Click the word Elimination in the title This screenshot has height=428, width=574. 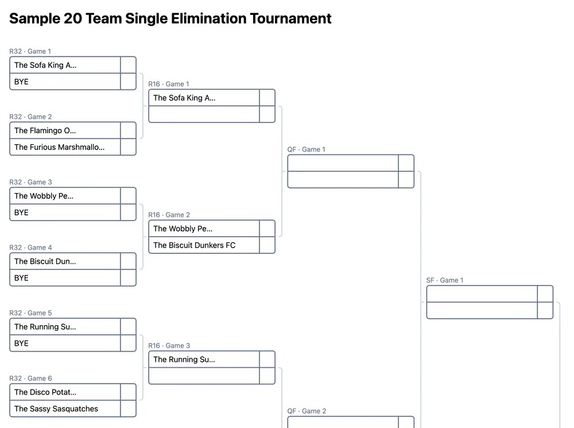pos(208,19)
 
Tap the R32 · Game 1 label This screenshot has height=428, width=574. pos(30,51)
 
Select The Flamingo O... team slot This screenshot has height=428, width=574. pos(45,130)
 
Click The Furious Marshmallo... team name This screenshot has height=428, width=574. pos(59,147)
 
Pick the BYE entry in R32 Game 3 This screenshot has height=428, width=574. pos(21,213)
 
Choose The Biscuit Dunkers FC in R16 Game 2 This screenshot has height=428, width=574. pos(195,245)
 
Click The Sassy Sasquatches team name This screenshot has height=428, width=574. pos(56,408)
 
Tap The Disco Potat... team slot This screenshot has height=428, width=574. pos(45,392)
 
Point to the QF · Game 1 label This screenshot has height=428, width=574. pos(307,149)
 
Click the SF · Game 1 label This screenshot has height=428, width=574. pos(445,280)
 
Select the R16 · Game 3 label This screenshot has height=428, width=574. pos(169,345)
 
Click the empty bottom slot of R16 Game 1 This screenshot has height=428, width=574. pos(204,114)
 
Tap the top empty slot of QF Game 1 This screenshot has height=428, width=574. pos(343,163)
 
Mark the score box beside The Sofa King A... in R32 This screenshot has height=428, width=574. pos(128,65)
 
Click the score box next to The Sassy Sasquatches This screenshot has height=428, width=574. pos(128,408)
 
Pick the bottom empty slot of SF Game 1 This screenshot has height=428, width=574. pos(482,310)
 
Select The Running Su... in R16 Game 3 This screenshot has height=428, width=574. pos(184,360)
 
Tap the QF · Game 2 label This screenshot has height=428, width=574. pos(307,411)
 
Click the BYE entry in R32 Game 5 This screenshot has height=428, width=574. pos(21,344)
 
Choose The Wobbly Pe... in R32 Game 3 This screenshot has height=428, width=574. pos(44,196)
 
